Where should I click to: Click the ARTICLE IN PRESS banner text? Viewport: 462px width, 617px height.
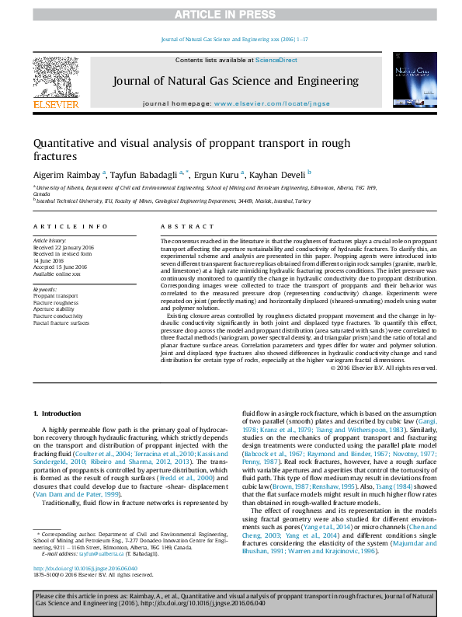tap(231, 14)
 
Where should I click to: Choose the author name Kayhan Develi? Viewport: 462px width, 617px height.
tap(279, 174)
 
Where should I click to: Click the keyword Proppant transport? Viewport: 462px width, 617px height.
tap(56, 296)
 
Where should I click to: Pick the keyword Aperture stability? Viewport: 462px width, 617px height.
tap(54, 308)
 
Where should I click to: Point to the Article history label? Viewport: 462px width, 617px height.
tap(50, 242)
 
